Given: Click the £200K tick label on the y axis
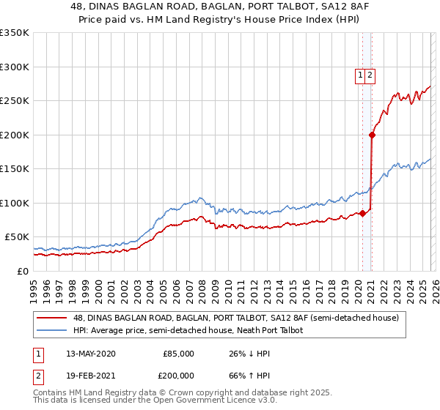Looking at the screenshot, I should (15, 135).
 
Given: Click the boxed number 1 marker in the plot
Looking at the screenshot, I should (361, 74).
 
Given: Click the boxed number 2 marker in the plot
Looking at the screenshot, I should (371, 74).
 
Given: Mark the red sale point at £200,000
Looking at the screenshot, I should (372, 135).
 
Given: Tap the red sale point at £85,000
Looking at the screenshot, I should (362, 213).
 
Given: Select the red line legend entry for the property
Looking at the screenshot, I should (235, 318).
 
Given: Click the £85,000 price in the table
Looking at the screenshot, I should (178, 354).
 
